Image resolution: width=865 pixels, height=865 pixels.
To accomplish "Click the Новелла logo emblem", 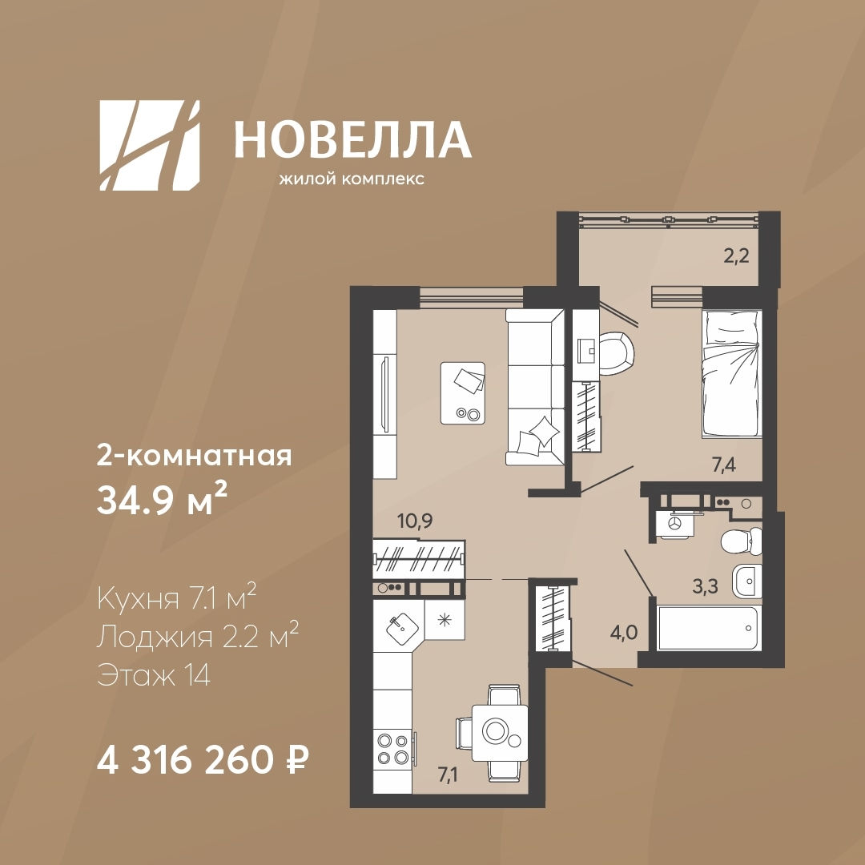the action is (150, 146).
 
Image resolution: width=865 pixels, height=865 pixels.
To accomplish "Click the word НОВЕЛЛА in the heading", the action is (352, 140).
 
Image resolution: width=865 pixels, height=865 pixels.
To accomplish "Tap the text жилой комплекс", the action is (352, 179).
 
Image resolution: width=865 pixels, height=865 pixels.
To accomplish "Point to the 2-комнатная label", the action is (194, 457).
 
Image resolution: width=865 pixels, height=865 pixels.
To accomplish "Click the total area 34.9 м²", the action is (162, 501).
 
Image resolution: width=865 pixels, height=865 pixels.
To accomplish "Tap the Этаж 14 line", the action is (153, 674).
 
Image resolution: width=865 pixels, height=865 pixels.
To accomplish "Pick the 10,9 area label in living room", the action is (415, 521).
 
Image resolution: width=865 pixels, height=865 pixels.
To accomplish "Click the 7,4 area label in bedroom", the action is (724, 465).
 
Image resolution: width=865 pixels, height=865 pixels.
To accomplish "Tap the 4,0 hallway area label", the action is (623, 633).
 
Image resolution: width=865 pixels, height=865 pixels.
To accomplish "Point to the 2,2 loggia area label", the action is (736, 256).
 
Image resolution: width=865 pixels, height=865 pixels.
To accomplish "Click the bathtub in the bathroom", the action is (708, 628).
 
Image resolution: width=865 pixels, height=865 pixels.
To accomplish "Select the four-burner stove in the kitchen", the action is (392, 749).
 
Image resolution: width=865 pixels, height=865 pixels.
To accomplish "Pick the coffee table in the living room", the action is (463, 393).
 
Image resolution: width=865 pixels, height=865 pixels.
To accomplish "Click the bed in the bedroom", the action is (731, 374).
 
